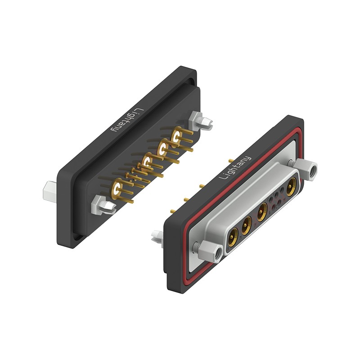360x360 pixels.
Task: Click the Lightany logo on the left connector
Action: coord(127,120)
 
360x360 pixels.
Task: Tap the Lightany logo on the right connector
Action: coord(235,168)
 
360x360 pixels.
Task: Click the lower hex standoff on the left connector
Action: coord(103,205)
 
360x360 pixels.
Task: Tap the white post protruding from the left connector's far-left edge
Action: coord(50,192)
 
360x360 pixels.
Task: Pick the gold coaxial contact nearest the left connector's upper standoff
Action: coord(177,137)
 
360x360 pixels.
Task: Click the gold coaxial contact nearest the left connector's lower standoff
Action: coord(117,189)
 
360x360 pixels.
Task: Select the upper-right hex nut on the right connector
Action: coord(306,170)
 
